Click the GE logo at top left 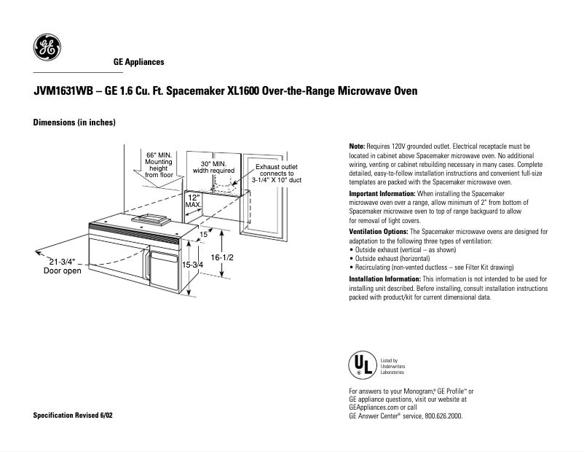pos(47,48)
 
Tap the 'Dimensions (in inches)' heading pos(74,122)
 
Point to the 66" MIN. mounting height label pos(158,165)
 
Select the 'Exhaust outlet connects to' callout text pos(276,171)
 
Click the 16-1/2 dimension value pos(222,258)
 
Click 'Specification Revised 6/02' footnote pos(74,415)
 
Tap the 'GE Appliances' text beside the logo pos(138,63)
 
